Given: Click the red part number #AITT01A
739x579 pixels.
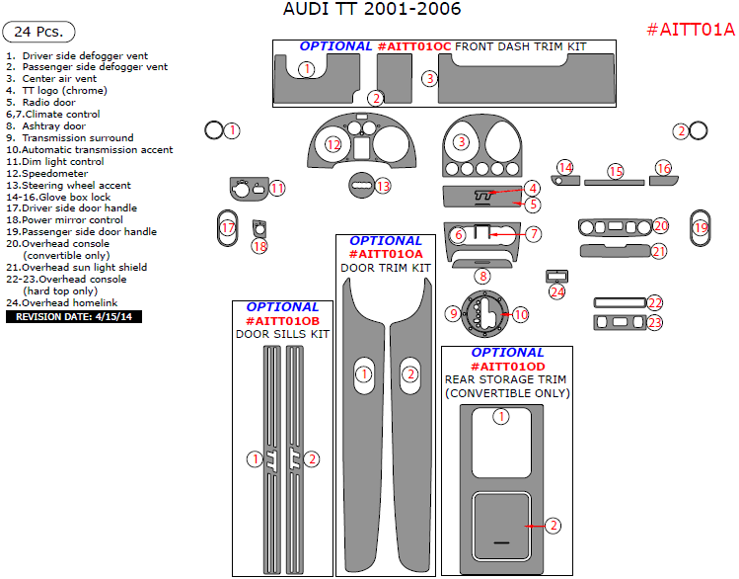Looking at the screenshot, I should pos(691,30).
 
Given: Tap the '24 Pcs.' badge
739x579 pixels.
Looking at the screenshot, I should pos(37,34).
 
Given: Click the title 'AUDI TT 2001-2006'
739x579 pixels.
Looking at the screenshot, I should pos(371,10).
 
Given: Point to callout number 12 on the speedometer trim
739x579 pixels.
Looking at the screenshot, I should pos(333,145).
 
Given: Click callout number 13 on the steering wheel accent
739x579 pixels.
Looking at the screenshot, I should pos(383,185).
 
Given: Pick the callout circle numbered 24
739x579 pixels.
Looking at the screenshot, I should pos(557,291).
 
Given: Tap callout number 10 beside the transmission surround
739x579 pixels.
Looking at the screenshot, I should pos(520,314).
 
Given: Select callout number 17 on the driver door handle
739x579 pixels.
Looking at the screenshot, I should pos(228,227).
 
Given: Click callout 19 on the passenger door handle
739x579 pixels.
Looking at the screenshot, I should pos(702,227).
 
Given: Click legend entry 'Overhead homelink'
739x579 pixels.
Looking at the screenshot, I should pos(69,302).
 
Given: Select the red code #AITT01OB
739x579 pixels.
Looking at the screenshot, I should pos(282,321).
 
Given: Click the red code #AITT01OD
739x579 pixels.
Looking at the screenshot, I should pos(507,367).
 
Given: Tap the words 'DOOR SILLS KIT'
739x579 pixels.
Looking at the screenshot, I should pos(282,335).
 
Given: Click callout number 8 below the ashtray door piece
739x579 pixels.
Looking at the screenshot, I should pos(481,277).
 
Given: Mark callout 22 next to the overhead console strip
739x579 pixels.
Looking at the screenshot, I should pos(655,302).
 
